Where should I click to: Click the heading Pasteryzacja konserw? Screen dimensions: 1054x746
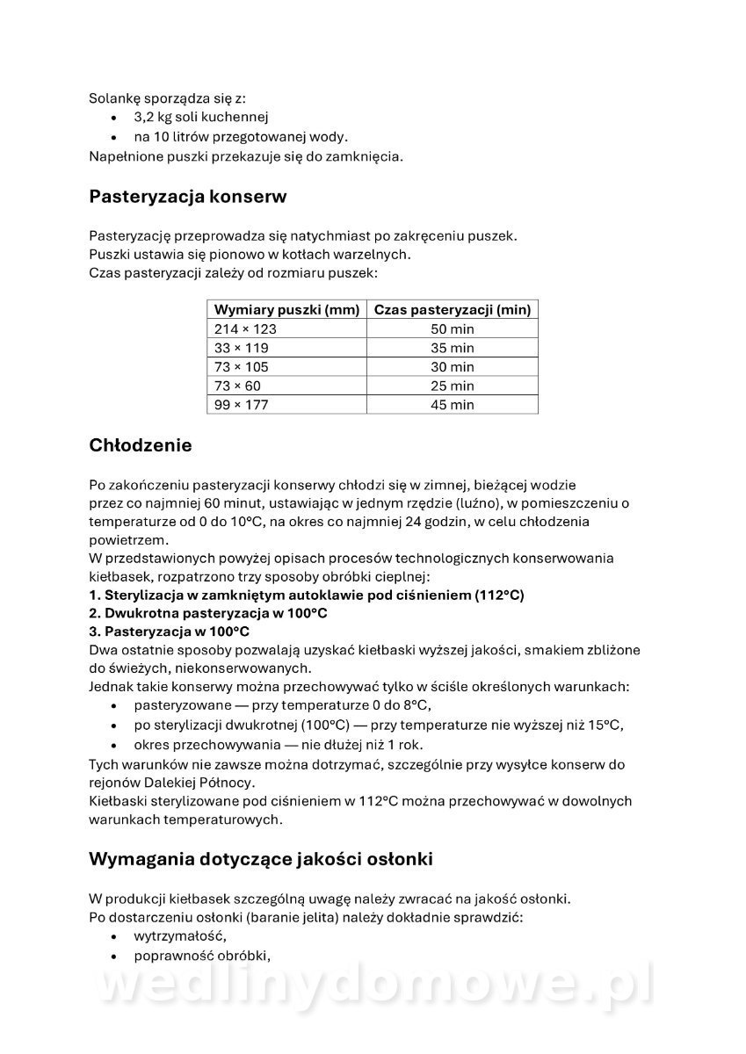187,197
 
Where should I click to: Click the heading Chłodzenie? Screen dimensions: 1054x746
140,445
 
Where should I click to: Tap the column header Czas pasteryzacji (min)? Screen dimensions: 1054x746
452,310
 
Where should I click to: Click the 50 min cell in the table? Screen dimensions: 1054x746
452,329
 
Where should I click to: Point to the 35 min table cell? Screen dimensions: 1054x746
452,348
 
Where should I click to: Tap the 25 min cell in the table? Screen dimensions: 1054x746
452,386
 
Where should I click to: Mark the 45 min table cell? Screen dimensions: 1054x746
452,405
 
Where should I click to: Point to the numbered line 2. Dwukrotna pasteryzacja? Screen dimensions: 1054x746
208,613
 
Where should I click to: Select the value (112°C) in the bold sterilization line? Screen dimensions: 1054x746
498,595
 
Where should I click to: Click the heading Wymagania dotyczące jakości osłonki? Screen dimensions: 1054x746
260,859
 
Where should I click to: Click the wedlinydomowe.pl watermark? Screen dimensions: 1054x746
373,988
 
